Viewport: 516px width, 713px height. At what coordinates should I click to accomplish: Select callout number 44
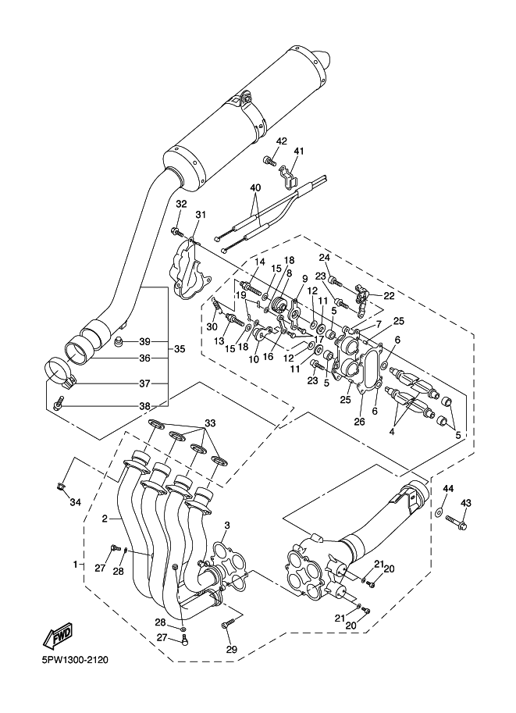pyautogui.click(x=448, y=488)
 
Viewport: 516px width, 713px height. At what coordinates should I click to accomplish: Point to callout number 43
pyautogui.click(x=465, y=503)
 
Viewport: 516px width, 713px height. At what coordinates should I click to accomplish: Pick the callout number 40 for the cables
pyautogui.click(x=255, y=188)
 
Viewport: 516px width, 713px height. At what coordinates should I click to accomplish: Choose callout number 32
pyautogui.click(x=180, y=204)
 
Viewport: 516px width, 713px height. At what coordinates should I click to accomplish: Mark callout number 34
pyautogui.click(x=75, y=501)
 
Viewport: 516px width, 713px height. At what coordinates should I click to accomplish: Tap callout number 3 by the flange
pyautogui.click(x=226, y=524)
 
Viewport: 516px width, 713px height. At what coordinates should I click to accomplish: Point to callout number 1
pyautogui.click(x=76, y=563)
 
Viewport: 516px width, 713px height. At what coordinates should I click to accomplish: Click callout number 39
pyautogui.click(x=144, y=342)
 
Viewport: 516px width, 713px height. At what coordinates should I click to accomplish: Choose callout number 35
pyautogui.click(x=179, y=348)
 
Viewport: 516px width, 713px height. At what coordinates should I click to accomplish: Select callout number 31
pyautogui.click(x=201, y=215)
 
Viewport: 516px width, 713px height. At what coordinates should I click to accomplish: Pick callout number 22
pyautogui.click(x=388, y=295)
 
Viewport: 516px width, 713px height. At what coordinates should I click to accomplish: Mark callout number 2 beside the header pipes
pyautogui.click(x=104, y=518)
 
